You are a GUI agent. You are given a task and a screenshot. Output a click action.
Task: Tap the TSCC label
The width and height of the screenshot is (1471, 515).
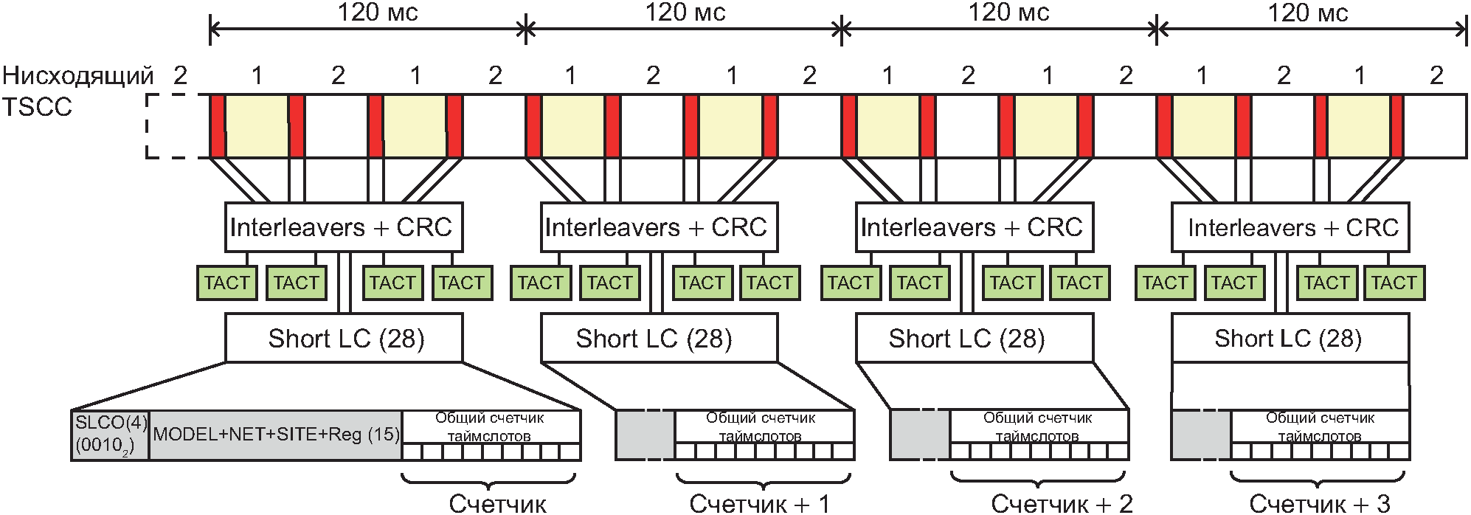pos(37,108)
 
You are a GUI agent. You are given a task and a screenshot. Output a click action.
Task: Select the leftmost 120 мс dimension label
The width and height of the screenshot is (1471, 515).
pos(378,13)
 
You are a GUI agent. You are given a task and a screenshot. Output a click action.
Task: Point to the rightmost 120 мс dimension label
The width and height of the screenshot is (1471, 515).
pos(1308,13)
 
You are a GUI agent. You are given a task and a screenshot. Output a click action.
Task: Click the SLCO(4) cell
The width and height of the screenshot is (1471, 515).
pos(111,435)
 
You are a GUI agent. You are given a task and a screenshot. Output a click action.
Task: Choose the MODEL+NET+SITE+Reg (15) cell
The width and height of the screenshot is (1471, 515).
pos(276,435)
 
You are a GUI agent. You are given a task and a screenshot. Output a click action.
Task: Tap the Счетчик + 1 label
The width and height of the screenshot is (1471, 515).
pos(760,504)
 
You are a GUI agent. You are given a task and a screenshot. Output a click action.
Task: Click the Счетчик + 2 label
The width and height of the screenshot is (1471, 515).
pos(1062,504)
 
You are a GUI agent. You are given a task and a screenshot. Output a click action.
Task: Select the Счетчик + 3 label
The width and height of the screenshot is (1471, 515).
pos(1320,504)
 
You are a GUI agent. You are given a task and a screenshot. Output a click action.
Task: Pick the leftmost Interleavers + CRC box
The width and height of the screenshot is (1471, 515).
pos(344,227)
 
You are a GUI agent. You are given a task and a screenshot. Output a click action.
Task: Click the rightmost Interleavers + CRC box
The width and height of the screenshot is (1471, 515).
pos(1290,227)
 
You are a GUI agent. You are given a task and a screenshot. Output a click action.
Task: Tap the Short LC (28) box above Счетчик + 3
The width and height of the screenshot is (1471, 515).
pos(1290,338)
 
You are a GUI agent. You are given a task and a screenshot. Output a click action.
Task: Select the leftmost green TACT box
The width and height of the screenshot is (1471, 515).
pos(227,283)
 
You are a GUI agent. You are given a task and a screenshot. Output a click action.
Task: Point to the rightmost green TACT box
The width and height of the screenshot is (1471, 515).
pos(1394,283)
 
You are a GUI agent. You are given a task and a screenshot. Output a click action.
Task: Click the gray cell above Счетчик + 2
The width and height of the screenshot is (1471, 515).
pos(920,435)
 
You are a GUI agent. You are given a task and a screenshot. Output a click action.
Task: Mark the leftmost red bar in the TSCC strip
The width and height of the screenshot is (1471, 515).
pos(218,126)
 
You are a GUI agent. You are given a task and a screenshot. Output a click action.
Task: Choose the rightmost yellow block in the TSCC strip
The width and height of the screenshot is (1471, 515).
pos(1359,126)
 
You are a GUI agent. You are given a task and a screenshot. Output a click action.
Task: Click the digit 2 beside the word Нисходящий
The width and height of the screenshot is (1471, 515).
pos(180,75)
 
